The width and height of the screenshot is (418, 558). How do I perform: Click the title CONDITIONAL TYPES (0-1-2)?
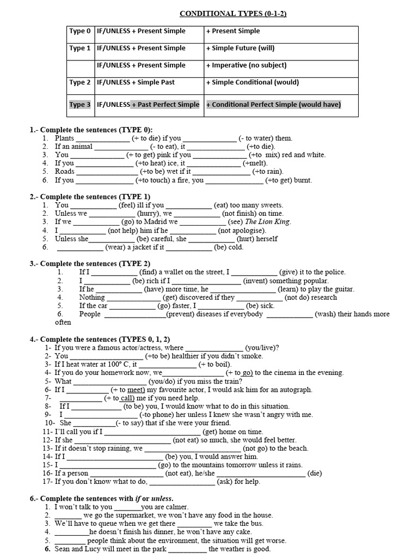233,14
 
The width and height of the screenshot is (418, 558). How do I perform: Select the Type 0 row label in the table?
80,32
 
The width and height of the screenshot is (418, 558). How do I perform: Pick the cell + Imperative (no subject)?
246,65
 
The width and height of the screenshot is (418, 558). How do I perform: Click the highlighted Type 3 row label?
80,105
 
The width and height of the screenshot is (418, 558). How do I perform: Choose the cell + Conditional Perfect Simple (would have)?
273,105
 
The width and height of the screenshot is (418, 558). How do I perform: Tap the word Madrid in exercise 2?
153,222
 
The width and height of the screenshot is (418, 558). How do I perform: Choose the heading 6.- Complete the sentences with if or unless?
102,498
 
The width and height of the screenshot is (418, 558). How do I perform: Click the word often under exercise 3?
63,322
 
